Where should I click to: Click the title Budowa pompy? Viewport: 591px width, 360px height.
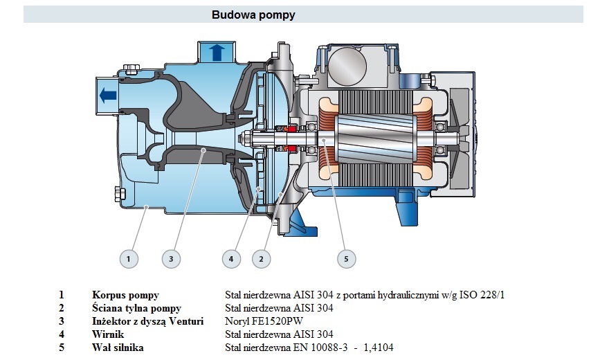pyautogui.click(x=253, y=15)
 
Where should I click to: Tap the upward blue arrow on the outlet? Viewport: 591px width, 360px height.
pyautogui.click(x=217, y=53)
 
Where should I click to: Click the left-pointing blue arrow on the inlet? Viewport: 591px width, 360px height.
pyautogui.click(x=108, y=95)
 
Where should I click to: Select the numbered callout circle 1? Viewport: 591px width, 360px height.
pyautogui.click(x=129, y=259)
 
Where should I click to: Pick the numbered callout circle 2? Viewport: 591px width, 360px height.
pyautogui.click(x=261, y=259)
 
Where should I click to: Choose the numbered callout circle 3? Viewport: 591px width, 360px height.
pyautogui.click(x=171, y=259)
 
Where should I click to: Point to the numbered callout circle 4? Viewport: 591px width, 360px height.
pyautogui.click(x=231, y=259)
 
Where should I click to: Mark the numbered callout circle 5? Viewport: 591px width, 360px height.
pyautogui.click(x=347, y=259)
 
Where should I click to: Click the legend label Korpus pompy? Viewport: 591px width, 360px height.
pyautogui.click(x=125, y=295)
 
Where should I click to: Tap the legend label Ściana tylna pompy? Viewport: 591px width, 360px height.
pyautogui.click(x=136, y=308)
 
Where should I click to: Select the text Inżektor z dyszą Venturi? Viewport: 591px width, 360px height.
pyautogui.click(x=148, y=321)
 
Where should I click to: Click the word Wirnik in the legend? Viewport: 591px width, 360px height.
pyautogui.click(x=108, y=334)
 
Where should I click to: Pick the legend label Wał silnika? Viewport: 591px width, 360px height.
pyautogui.click(x=118, y=348)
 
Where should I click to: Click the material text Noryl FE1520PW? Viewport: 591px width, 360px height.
pyautogui.click(x=264, y=321)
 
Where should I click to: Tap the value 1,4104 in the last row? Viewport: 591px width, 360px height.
pyautogui.click(x=379, y=348)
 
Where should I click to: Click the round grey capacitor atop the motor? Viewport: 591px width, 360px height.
pyautogui.click(x=348, y=66)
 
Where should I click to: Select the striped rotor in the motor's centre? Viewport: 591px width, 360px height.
pyautogui.click(x=376, y=139)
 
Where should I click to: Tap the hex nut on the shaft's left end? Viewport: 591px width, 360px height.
pyautogui.click(x=243, y=139)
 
